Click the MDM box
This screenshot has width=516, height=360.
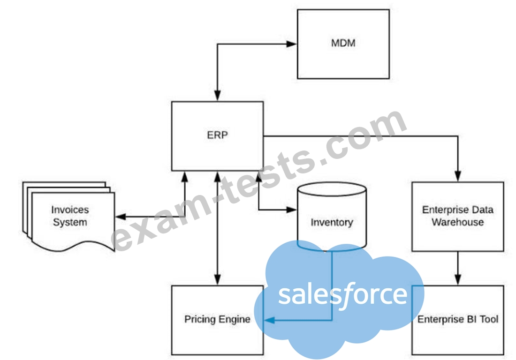click(x=343, y=44)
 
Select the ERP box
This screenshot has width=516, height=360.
click(x=217, y=136)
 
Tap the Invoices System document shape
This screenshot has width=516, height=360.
click(x=70, y=216)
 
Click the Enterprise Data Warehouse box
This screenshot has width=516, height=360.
click(x=457, y=216)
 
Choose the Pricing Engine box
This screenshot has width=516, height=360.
click(x=217, y=320)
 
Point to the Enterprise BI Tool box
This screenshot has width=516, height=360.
click(x=457, y=320)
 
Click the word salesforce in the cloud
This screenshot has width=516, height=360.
click(x=343, y=294)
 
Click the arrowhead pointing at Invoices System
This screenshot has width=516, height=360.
click(x=119, y=217)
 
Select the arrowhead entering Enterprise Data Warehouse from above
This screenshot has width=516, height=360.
click(x=457, y=178)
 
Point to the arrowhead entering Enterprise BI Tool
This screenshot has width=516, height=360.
click(x=457, y=281)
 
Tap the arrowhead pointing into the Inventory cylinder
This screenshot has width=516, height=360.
click(x=293, y=210)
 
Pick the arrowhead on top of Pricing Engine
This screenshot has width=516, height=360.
click(x=217, y=281)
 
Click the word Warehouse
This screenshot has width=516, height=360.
click(x=457, y=222)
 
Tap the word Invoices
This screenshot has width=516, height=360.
click(x=70, y=210)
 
